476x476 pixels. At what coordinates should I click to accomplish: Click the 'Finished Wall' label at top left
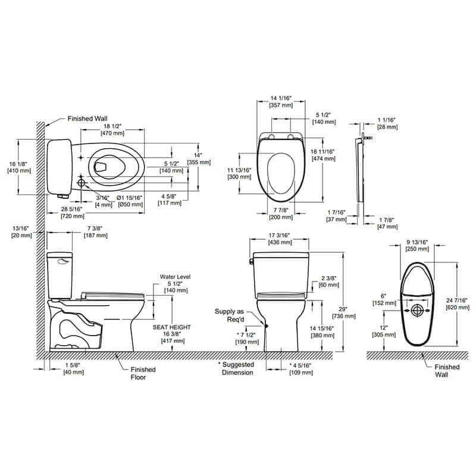[x=87, y=118]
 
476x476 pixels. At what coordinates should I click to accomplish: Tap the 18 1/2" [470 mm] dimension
[x=112, y=130]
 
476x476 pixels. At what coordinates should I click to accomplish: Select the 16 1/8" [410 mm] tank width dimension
[x=19, y=167]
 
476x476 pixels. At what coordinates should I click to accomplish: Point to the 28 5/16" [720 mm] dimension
[x=73, y=212]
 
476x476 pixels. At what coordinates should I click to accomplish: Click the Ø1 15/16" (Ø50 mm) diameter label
[x=130, y=201]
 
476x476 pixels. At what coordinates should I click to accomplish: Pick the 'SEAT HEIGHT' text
[x=171, y=327]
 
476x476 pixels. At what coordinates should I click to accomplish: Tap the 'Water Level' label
[x=175, y=277]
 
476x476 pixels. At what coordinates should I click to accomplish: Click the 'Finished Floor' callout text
[x=143, y=374]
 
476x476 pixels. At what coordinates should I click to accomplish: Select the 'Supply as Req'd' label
[x=229, y=315]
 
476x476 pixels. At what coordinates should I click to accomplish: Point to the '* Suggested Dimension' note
[x=236, y=368]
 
